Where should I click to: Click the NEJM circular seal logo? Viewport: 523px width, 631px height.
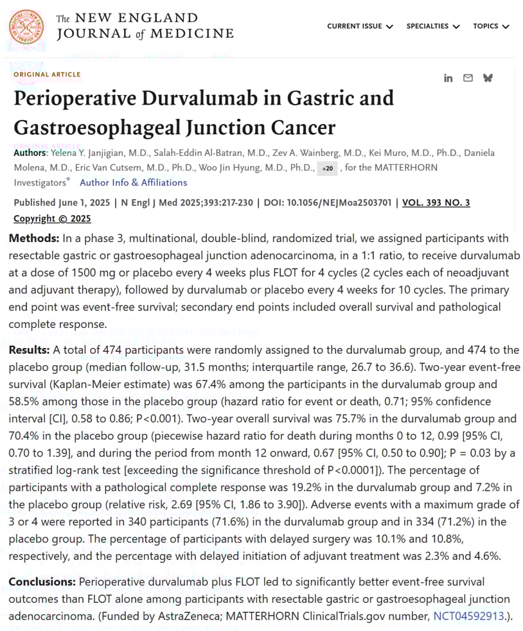pyautogui.click(x=27, y=27)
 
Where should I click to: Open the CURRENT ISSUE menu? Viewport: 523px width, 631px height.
pyautogui.click(x=359, y=26)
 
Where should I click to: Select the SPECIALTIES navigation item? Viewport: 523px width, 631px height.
pyautogui.click(x=432, y=26)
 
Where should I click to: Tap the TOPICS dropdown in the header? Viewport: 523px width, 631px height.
pyautogui.click(x=491, y=26)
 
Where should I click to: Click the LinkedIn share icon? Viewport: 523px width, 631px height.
pyautogui.click(x=448, y=78)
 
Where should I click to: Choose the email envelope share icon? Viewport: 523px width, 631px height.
pyautogui.click(x=468, y=78)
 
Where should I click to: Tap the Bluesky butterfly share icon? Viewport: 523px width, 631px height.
pyautogui.click(x=488, y=78)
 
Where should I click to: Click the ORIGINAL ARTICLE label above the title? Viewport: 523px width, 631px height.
pyautogui.click(x=47, y=74)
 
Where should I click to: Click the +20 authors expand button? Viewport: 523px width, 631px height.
pyautogui.click(x=327, y=168)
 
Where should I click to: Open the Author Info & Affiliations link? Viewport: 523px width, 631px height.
pyautogui.click(x=133, y=182)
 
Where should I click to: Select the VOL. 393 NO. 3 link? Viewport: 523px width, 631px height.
pyautogui.click(x=436, y=203)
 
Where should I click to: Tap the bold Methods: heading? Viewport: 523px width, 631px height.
pyautogui.click(x=31, y=238)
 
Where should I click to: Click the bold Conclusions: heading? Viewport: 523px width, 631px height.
pyautogui.click(x=42, y=582)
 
